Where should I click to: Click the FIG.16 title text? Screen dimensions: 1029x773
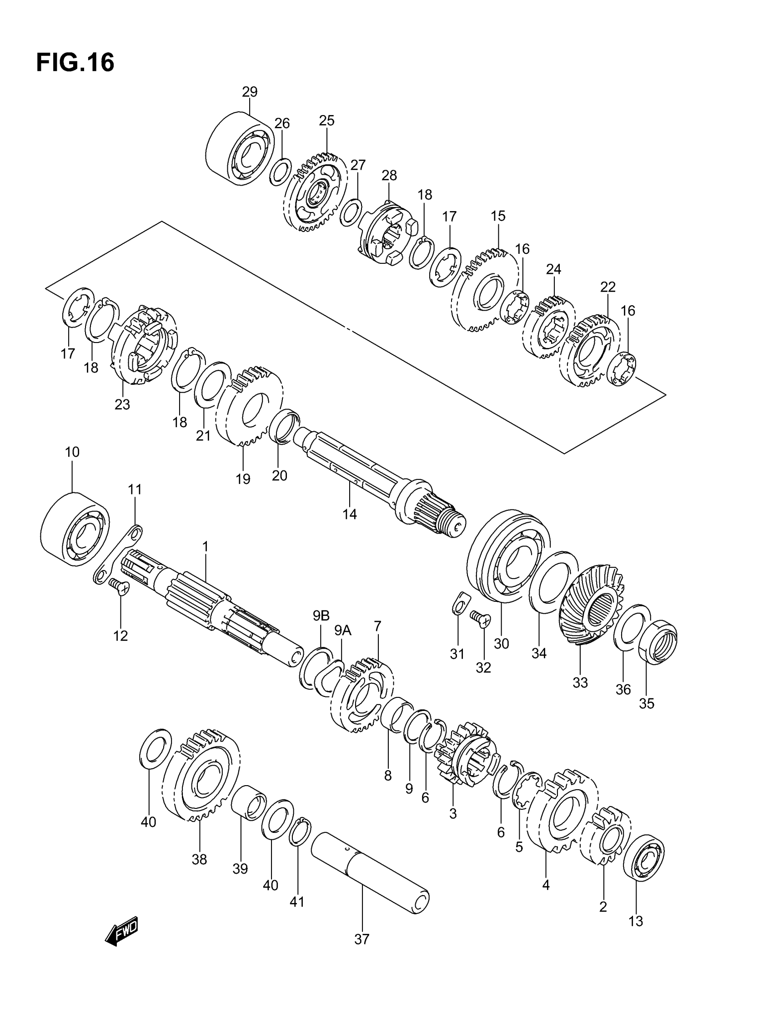pos(75,62)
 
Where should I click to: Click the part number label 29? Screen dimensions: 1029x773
pos(249,92)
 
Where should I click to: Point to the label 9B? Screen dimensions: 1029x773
pos(321,616)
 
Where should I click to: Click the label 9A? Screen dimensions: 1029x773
pos(343,631)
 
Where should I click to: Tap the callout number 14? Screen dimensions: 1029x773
pos(349,514)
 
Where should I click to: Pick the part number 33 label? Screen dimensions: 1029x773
pos(580,682)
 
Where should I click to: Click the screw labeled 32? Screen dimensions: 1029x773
pos(480,618)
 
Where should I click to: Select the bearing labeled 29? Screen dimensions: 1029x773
pos(239,149)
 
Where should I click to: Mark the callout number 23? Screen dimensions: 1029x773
pos(122,405)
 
